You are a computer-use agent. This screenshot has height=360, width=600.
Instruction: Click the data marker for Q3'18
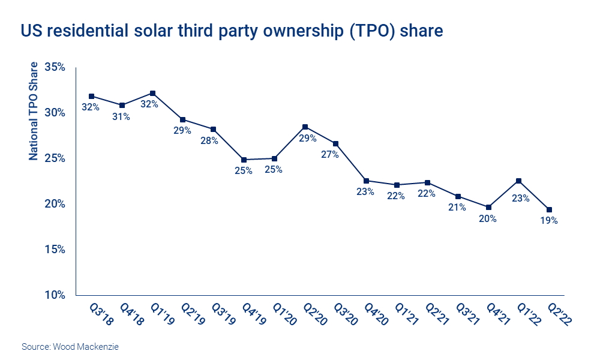pyautogui.click(x=91, y=96)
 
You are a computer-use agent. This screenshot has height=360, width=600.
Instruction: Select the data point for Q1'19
pyautogui.click(x=152, y=93)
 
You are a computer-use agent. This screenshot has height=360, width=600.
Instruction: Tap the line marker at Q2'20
pyautogui.click(x=305, y=127)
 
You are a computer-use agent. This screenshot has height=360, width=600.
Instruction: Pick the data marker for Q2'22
pyautogui.click(x=549, y=209)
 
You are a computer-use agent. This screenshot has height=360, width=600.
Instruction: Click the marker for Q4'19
pyautogui.click(x=244, y=160)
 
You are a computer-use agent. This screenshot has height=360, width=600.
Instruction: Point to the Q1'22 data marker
pyautogui.click(x=518, y=181)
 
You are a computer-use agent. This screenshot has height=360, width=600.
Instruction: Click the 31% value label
pyautogui.click(x=121, y=117)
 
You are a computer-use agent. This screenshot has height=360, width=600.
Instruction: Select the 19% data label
pyautogui.click(x=549, y=221)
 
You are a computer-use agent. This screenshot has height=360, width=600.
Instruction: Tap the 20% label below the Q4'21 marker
pyautogui.click(x=488, y=218)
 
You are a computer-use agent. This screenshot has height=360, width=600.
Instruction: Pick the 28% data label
pyautogui.click(x=213, y=141)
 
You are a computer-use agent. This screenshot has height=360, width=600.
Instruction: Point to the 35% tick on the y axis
pyautogui.click(x=55, y=67)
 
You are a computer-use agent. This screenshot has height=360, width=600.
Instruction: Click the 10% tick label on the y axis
pyautogui.click(x=55, y=295)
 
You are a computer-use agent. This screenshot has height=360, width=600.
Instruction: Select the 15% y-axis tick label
pyautogui.click(x=55, y=250)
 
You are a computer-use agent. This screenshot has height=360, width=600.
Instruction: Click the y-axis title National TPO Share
pyautogui.click(x=34, y=111)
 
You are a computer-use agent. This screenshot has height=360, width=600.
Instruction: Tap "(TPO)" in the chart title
pyautogui.click(x=371, y=31)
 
